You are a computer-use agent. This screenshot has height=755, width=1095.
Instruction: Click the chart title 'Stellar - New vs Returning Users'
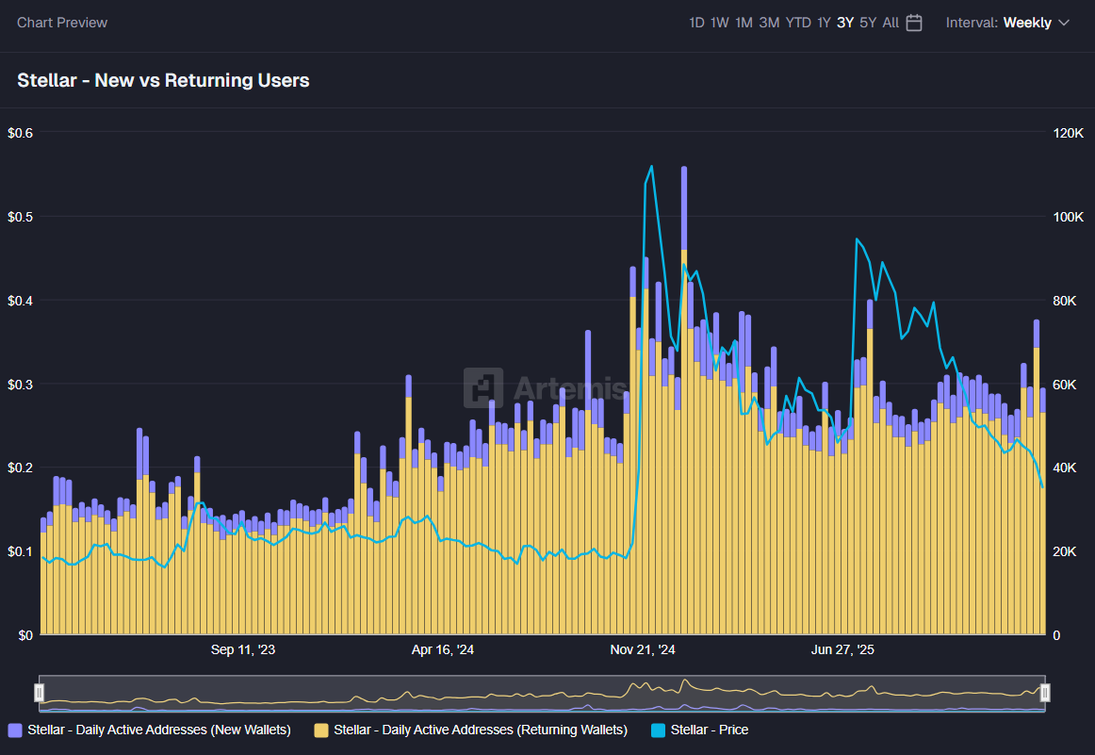(163, 80)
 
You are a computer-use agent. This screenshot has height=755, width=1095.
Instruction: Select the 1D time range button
(696, 23)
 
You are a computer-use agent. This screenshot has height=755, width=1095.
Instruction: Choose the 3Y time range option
(844, 23)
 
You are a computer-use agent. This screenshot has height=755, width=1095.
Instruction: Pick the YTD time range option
(798, 23)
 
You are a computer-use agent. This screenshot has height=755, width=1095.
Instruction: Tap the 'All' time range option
(891, 23)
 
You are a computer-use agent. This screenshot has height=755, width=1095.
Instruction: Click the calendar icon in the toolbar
(914, 23)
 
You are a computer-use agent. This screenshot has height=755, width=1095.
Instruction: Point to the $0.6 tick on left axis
(20, 133)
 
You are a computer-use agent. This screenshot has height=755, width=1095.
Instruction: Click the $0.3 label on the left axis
(20, 385)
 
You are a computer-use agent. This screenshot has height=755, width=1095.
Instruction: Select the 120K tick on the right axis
(1069, 133)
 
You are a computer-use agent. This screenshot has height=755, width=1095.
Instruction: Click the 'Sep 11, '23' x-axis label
(243, 649)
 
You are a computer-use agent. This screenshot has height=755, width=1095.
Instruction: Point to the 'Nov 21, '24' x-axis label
(643, 649)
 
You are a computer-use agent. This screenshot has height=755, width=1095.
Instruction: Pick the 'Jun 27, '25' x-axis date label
(842, 649)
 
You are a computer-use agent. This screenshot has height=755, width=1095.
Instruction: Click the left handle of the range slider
(39, 693)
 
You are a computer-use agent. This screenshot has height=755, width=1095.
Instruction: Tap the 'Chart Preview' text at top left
(62, 23)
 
